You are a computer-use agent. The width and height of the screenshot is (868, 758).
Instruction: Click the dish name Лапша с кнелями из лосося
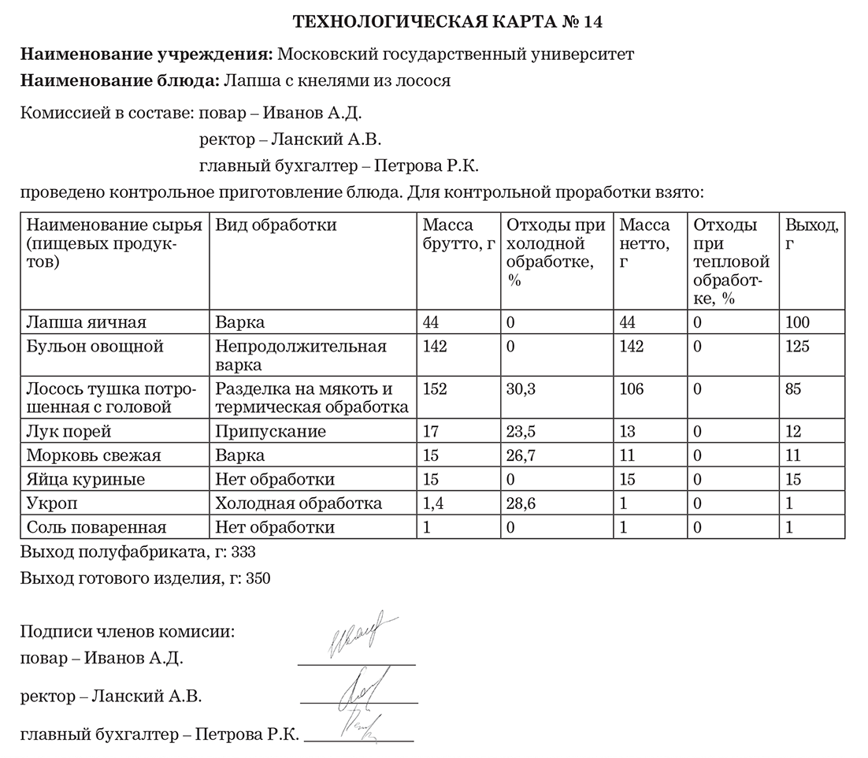337,80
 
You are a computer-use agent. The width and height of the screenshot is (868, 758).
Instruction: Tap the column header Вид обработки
276,225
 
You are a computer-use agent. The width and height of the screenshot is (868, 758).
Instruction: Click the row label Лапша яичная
87,322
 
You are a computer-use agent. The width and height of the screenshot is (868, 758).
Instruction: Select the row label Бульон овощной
95,347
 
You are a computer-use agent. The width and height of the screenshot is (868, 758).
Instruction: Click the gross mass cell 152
436,389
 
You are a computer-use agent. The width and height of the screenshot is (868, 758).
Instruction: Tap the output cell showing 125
798,347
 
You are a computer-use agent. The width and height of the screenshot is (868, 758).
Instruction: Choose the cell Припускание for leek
271,432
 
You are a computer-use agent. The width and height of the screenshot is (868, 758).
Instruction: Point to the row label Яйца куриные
86,479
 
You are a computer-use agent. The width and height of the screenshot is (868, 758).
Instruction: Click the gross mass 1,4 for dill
434,503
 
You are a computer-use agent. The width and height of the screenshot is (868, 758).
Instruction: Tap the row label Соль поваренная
97,527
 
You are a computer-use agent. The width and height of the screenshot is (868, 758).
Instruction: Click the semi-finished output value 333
244,552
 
